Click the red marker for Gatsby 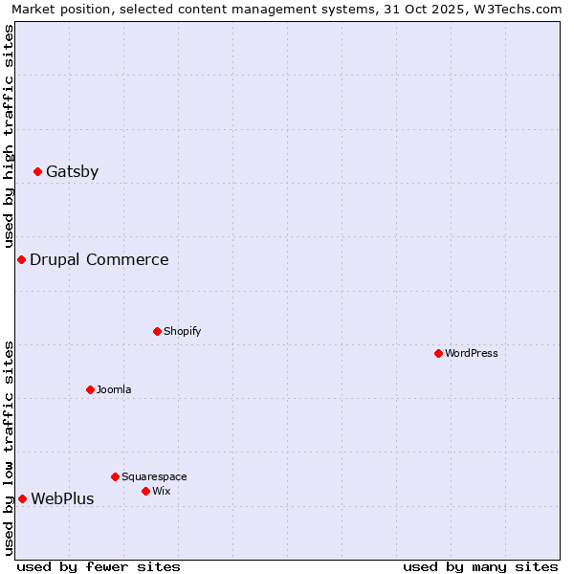37,172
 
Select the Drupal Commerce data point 21,260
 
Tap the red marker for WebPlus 22,498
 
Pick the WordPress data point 438,353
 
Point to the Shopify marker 157,331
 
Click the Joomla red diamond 90,389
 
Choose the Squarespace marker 115,476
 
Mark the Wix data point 145,491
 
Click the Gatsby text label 72,172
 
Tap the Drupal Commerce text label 99,260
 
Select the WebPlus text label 62,498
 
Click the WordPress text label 472,353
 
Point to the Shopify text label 182,331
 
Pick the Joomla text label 114,389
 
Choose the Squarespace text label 154,476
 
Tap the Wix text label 161,491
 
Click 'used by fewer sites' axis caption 99,566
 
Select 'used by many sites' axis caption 480,566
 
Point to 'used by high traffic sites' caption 10,138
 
